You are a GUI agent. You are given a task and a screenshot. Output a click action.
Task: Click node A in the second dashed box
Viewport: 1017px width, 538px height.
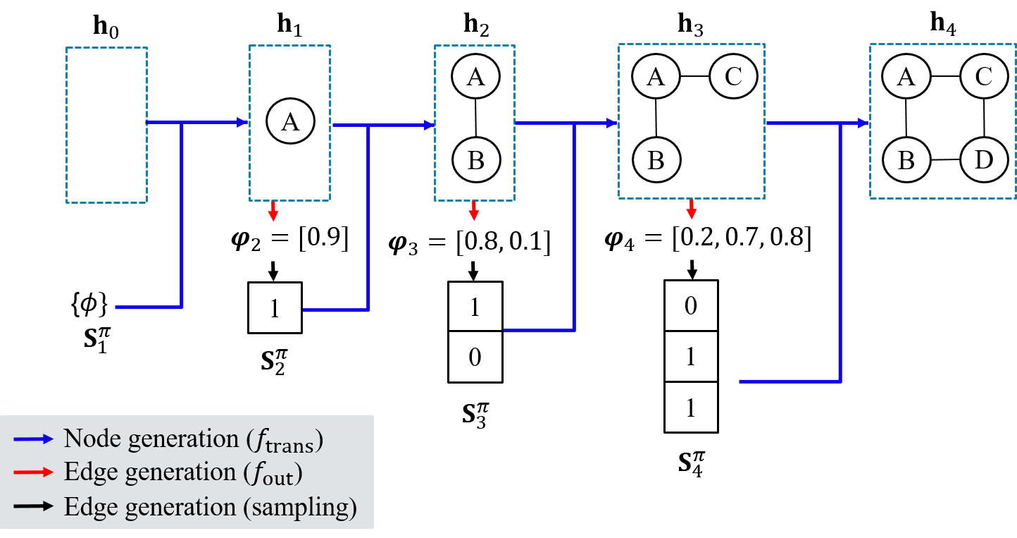(290, 122)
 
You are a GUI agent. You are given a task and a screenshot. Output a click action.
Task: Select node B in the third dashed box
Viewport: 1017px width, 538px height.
(475, 160)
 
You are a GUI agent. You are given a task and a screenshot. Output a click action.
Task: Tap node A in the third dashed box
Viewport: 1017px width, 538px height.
(475, 76)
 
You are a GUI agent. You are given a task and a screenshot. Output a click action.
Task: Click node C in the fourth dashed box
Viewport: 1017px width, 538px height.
(733, 75)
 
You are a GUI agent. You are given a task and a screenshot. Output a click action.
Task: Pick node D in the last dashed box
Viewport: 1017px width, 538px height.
(984, 160)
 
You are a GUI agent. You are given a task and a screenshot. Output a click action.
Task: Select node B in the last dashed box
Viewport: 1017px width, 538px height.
(906, 160)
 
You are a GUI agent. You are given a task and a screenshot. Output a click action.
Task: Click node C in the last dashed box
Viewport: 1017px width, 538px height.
(984, 75)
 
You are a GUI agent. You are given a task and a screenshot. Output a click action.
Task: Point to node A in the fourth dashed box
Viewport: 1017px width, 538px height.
(656, 75)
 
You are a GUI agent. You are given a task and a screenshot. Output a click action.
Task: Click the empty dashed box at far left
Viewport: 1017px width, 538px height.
(106, 125)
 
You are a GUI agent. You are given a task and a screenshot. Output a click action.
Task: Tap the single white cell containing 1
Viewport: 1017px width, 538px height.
(275, 308)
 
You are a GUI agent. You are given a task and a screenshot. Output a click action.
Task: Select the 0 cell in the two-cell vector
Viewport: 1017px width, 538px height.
(475, 356)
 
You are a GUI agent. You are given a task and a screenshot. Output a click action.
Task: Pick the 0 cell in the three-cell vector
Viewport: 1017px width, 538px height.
(691, 305)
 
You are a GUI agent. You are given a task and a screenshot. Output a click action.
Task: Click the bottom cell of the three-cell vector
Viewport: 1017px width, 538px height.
(691, 408)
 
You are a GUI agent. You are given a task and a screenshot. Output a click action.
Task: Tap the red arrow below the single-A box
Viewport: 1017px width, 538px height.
(273, 212)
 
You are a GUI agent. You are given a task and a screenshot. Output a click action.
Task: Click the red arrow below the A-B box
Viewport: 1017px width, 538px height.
(474, 210)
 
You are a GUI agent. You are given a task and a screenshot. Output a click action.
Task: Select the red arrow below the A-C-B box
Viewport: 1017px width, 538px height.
(692, 209)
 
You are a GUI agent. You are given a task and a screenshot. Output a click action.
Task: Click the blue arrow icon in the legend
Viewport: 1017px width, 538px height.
(33, 439)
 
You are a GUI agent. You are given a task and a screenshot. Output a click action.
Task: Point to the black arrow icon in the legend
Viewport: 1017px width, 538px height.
(33, 507)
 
